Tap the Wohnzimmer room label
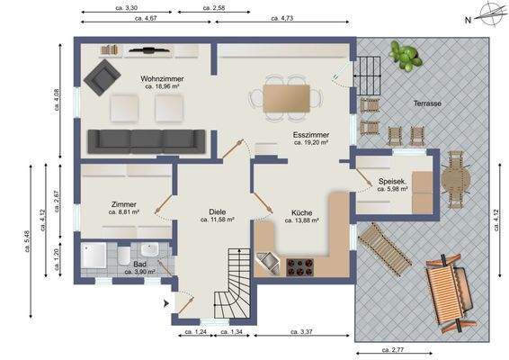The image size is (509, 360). [162, 79]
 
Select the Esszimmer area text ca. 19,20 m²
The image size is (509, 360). [309, 143]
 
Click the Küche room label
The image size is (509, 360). [301, 213]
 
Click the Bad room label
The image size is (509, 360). [139, 264]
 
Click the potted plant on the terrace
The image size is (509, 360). [404, 56]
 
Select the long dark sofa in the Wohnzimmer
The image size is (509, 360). [147, 140]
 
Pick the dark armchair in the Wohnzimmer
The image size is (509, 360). [101, 78]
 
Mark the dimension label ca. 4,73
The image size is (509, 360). [286, 17]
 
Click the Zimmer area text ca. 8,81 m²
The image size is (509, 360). [124, 212]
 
